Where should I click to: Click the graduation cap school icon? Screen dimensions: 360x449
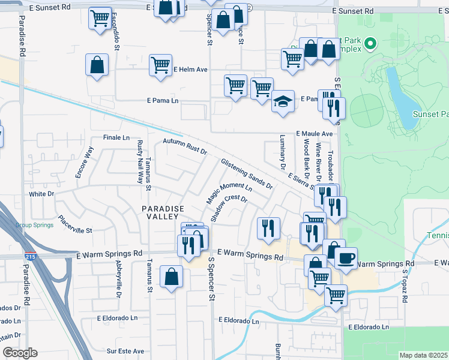pos(283,101)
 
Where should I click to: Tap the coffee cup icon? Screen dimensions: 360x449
pos(346,259)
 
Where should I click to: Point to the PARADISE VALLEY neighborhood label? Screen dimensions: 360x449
pos(162,208)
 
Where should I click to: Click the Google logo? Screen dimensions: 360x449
pos(20,353)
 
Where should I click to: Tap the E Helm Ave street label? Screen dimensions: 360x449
pos(190,70)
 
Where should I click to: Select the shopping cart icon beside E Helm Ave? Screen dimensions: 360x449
pos(160,65)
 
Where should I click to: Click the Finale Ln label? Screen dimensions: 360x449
pos(116,137)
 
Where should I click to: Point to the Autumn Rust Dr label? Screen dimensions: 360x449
pos(185,146)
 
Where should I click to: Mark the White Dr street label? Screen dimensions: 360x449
pos(42,194)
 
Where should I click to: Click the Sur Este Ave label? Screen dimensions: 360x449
pos(125,351)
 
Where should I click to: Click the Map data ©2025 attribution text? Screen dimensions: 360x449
pos(423,355)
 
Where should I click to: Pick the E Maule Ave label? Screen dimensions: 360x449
pos(314,134)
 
